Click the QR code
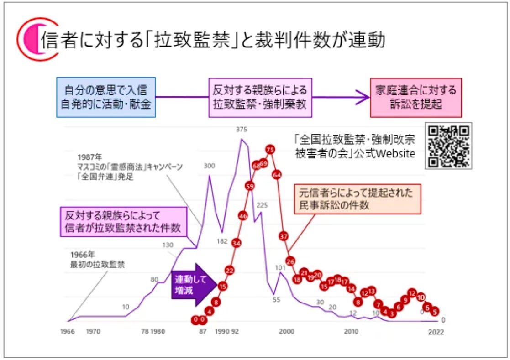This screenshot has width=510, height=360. [x=448, y=146]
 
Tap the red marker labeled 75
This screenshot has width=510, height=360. [x=270, y=149]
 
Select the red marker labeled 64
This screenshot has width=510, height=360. [x=276, y=174]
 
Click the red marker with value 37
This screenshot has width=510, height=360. [x=284, y=236]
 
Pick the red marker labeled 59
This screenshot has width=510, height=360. [x=249, y=186]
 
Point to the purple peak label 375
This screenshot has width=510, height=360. [x=242, y=130]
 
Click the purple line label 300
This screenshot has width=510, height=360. [x=209, y=166]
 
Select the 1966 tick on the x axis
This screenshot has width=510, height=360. [x=67, y=332]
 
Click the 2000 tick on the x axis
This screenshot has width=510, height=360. [x=287, y=332]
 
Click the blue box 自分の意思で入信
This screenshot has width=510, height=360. [x=106, y=97]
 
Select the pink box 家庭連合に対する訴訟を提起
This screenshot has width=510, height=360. [x=415, y=97]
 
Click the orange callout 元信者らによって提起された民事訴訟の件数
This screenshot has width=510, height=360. [x=357, y=199]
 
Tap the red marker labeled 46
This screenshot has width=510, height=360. [x=243, y=215]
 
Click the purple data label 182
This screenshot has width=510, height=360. [x=222, y=241]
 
